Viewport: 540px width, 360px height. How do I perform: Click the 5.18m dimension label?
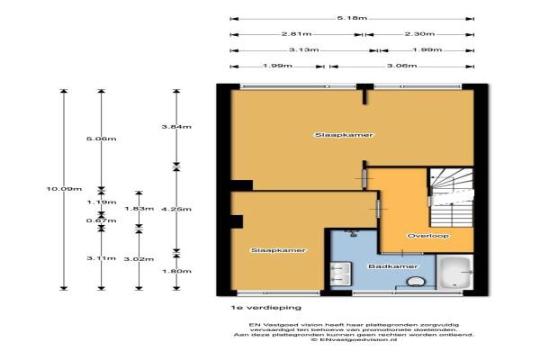pos(350,18)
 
